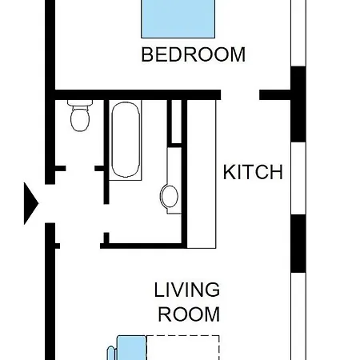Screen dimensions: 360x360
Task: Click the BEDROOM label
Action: tap(193, 54)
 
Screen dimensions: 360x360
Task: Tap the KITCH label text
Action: tap(253, 172)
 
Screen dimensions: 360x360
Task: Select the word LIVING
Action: tap(187, 290)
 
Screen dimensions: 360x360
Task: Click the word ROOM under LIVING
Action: tap(189, 314)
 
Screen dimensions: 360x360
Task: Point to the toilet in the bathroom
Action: tap(80, 116)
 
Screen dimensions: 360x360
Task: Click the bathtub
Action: tap(126, 139)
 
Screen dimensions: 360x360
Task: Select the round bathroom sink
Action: tap(169, 197)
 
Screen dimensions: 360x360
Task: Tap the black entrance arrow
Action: tap(31, 203)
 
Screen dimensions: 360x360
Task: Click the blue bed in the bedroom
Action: tap(178, 18)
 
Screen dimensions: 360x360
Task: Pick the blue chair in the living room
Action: tap(128, 348)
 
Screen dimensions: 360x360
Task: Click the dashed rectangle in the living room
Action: tap(183, 348)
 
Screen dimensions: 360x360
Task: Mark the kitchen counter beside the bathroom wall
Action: tap(202, 174)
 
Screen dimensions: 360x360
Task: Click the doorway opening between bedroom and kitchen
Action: tap(240, 95)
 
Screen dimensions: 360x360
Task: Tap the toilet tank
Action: tap(80, 103)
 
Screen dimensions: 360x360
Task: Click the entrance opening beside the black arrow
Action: tap(50, 203)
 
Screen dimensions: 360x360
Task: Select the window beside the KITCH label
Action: tap(298, 178)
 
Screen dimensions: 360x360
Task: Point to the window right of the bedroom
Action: tap(298, 33)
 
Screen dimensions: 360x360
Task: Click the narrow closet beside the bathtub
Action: tap(176, 122)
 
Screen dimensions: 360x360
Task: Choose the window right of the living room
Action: tap(298, 316)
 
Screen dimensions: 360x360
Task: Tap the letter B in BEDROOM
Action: tap(146, 54)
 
